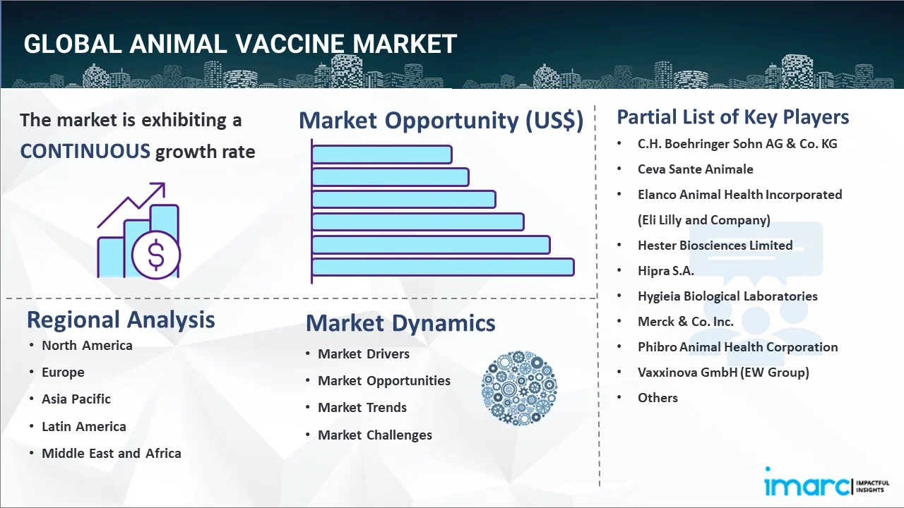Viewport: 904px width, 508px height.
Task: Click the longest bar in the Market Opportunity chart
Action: click(443, 267)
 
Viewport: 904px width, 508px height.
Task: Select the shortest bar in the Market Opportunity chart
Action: click(382, 155)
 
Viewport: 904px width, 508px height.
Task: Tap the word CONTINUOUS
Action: click(85, 152)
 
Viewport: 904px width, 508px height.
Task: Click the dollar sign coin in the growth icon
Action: click(156, 255)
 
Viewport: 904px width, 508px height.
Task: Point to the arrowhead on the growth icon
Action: click(160, 188)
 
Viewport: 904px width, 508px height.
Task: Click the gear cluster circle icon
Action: click(519, 388)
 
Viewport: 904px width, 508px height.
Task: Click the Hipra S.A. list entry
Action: click(665, 270)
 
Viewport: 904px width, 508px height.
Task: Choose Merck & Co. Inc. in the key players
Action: click(685, 321)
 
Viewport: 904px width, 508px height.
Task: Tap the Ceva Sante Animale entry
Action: click(696, 169)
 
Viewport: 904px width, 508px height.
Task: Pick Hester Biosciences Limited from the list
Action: click(715, 245)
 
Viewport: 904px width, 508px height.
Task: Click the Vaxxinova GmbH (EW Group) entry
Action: click(723, 372)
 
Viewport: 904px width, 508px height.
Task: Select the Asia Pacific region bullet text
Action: click(76, 399)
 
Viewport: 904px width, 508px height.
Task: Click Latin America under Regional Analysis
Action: click(84, 426)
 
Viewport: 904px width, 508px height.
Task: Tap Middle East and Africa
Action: click(112, 453)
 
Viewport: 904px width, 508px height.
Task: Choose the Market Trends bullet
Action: click(362, 408)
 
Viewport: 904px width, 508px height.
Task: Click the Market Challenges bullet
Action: click(375, 435)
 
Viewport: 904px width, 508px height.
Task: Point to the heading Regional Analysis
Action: click(121, 320)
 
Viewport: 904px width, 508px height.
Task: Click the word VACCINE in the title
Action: click(290, 44)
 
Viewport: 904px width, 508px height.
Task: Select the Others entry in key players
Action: click(658, 397)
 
